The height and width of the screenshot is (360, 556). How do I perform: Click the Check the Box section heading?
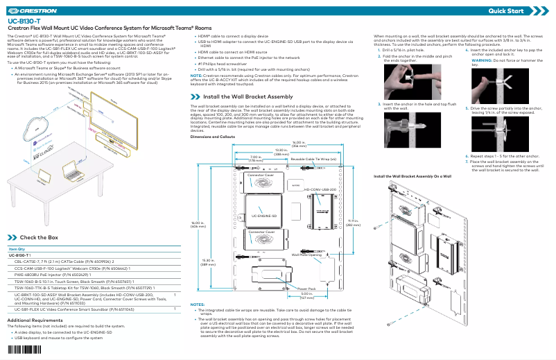tap(39, 237)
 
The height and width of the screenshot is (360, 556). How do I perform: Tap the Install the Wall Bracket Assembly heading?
tap(247, 96)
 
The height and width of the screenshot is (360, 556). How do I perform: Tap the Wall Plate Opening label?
tap(306, 255)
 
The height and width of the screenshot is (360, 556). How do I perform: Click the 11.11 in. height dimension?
tap(353, 223)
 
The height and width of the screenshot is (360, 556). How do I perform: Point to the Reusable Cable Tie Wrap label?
tap(313, 159)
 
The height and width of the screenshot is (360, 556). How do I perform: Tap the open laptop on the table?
tap(69, 170)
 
